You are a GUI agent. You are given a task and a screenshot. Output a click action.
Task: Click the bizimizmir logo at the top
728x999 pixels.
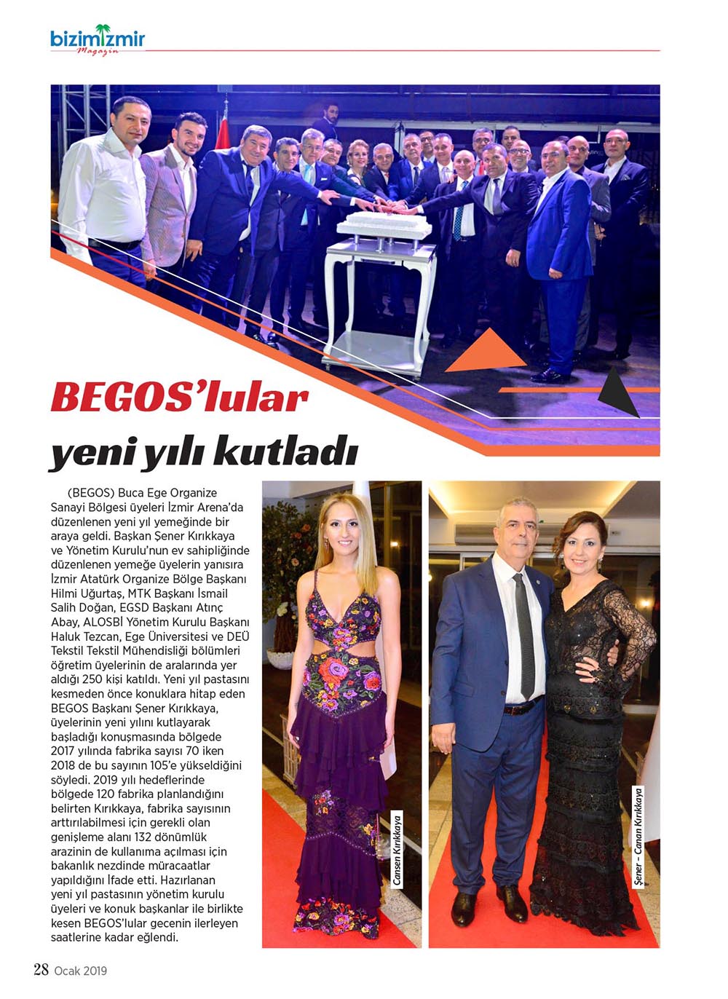[x=98, y=39]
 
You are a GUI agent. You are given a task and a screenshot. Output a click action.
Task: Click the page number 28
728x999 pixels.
[x=41, y=969]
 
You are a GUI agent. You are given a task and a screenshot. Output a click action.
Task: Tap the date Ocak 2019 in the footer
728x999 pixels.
[x=81, y=970]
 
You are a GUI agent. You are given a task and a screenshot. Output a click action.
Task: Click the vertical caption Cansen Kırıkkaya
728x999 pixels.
[x=397, y=848]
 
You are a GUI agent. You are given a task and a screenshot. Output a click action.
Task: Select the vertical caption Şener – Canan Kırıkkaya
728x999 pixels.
[x=638, y=837]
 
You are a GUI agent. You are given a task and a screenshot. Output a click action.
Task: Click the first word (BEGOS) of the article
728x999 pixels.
[x=90, y=493]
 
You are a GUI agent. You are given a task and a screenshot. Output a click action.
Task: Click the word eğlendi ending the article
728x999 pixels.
[x=155, y=937]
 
